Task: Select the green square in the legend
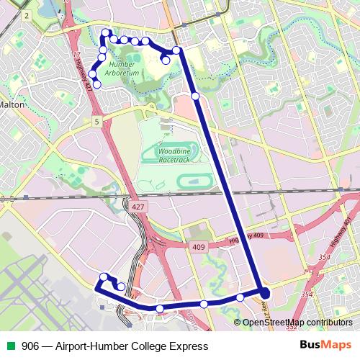(x=9, y=346)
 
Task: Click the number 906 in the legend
(x=31, y=346)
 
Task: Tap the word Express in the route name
(x=188, y=346)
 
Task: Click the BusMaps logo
(x=320, y=346)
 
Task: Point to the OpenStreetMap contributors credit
(x=297, y=322)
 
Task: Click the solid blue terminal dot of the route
(x=265, y=293)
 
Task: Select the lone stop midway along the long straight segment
(x=195, y=96)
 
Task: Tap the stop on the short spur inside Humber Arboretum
(x=166, y=60)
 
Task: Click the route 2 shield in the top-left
(x=27, y=14)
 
